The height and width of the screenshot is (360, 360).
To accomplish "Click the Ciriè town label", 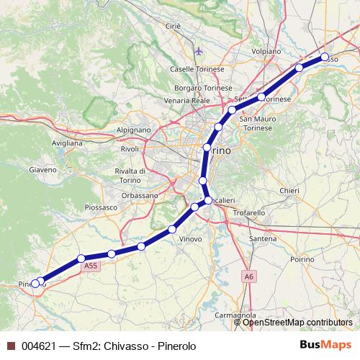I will [172, 26].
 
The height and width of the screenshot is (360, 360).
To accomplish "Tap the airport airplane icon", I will [199, 52].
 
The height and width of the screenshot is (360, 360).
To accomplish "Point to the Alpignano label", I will [134, 130].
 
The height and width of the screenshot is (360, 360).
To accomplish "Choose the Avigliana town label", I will [66, 143].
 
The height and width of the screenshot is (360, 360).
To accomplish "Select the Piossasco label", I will [101, 207].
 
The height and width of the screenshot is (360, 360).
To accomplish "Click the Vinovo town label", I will [190, 238].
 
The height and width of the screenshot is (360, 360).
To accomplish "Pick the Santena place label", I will [262, 238].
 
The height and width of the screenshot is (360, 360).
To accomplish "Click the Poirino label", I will [302, 258].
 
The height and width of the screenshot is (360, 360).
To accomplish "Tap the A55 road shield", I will [90, 266].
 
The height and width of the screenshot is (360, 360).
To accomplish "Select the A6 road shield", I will [248, 276].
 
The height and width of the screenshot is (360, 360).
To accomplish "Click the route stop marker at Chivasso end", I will [325, 57].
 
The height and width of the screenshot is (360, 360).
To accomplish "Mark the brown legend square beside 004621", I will [11, 346].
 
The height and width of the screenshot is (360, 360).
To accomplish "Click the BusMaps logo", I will [326, 345].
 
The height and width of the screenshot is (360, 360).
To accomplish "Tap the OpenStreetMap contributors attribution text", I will [297, 323].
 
